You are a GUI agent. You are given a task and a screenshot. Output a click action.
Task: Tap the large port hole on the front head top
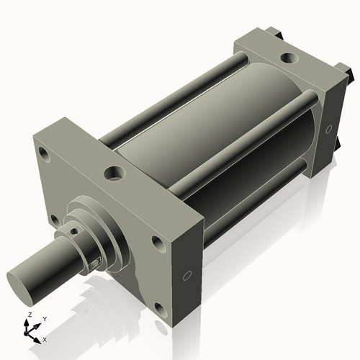[x=114, y=173]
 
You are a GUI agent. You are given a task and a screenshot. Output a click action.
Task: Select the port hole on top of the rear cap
[x=288, y=56]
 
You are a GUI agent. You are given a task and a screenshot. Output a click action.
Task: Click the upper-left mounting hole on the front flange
[x=45, y=153]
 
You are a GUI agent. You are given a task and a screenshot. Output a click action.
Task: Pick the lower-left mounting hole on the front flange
[x=53, y=220]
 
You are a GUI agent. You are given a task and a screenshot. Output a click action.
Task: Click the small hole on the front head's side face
[x=187, y=274]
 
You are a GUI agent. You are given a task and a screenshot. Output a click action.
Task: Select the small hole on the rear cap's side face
[x=328, y=130]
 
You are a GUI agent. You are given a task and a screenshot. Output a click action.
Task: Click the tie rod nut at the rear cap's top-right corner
[x=348, y=72]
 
